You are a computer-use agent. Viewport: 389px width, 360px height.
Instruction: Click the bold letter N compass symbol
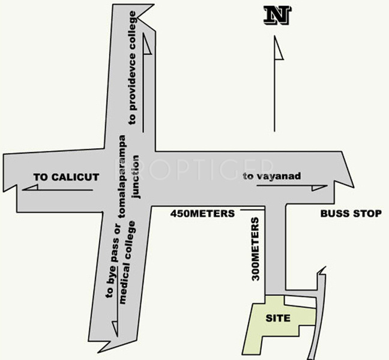point(277,16)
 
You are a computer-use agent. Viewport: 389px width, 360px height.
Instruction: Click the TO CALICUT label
point(66,177)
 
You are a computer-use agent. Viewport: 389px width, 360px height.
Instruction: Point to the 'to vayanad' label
point(271,176)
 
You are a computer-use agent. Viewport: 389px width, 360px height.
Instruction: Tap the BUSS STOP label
point(351,213)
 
